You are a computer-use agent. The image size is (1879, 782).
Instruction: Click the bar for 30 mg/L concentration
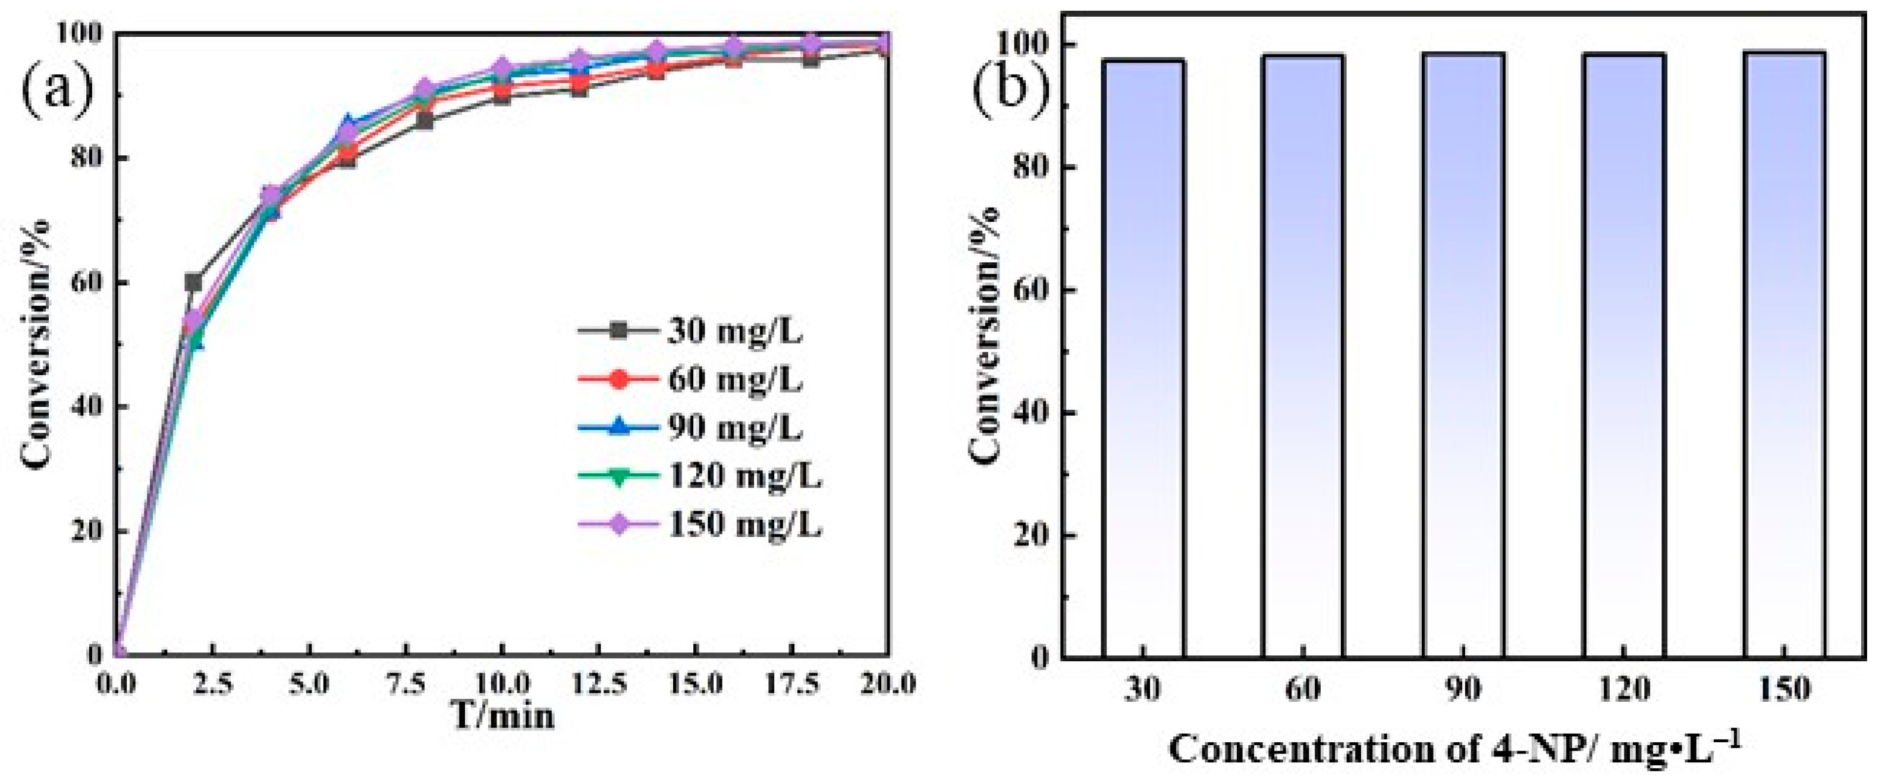click(x=1142, y=357)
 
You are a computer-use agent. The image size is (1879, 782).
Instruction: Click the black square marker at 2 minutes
click(x=193, y=282)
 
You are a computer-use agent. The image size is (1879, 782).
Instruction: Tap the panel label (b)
click(x=1010, y=93)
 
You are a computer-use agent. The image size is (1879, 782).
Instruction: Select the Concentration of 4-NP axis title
click(x=1455, y=749)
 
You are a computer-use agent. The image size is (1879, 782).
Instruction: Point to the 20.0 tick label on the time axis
click(x=885, y=685)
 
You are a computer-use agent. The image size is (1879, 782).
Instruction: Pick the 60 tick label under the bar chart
click(x=1303, y=689)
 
